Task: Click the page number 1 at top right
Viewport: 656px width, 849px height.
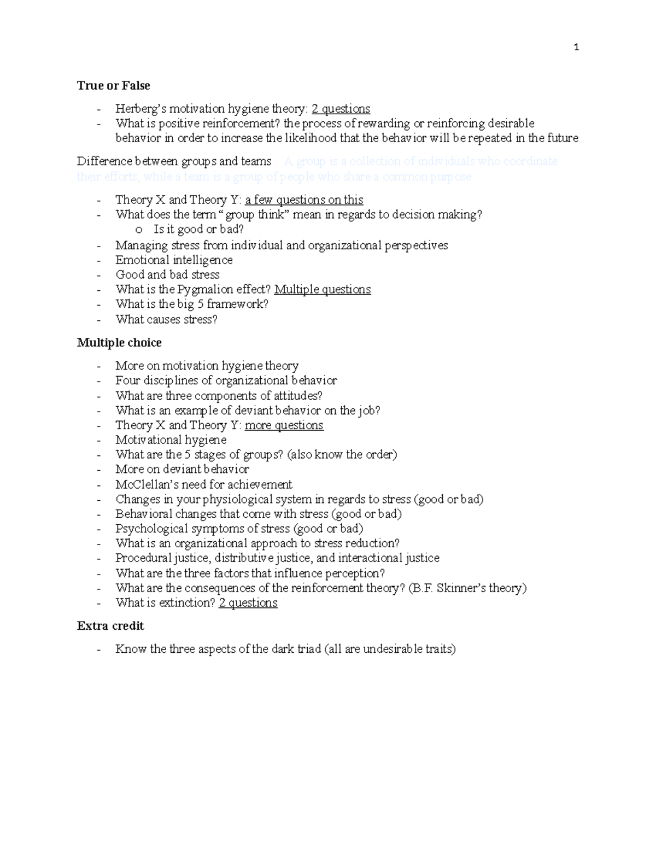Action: point(576,48)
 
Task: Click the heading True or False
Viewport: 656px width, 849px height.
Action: point(113,86)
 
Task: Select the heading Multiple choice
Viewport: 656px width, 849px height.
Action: point(119,343)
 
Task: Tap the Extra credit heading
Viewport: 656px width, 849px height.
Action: point(110,626)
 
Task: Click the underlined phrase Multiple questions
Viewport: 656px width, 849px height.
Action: point(322,290)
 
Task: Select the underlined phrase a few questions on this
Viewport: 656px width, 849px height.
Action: point(304,200)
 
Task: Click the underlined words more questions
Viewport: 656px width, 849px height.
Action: point(284,425)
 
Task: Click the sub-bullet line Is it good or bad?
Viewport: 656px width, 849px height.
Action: point(198,230)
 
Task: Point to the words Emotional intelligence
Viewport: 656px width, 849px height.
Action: point(174,260)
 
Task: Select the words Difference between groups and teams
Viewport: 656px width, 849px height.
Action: point(174,161)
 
